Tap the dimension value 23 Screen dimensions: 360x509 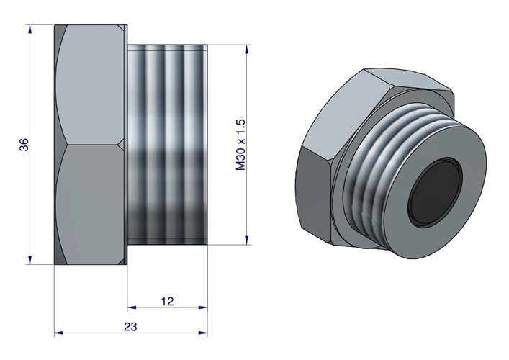point(130,326)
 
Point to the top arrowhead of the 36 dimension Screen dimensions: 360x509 point(30,29)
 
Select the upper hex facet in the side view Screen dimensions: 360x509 point(90,83)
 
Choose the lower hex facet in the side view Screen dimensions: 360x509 point(90,205)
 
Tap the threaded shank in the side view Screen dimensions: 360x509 point(168,144)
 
